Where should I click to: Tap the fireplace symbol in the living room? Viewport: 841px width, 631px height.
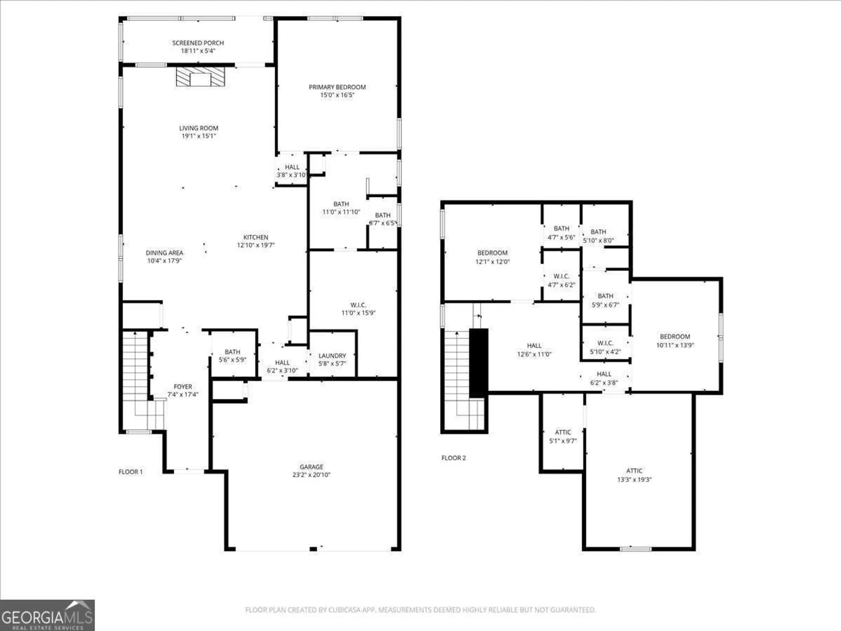[200, 77]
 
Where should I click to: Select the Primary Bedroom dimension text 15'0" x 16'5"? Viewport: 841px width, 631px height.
[337, 95]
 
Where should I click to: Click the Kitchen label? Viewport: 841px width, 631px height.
[256, 237]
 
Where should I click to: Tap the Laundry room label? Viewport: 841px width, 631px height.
[332, 356]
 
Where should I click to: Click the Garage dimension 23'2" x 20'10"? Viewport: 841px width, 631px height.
[312, 475]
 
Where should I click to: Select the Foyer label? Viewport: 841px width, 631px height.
[183, 387]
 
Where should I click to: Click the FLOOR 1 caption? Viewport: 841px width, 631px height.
[131, 472]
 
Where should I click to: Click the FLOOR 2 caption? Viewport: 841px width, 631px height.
[454, 458]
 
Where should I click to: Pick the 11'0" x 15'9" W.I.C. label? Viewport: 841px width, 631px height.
[358, 309]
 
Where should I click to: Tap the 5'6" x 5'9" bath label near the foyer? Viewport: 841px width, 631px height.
[233, 356]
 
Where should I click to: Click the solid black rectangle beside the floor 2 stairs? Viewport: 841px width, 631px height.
[479, 363]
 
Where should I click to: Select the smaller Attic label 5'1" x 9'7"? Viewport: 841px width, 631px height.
[563, 437]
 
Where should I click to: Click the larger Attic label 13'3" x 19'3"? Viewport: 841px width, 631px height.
[634, 475]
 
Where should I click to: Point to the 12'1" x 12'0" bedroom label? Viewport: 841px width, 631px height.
[492, 257]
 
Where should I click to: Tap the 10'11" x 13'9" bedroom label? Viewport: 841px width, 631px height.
[675, 341]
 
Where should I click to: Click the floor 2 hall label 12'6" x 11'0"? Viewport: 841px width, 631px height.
[534, 350]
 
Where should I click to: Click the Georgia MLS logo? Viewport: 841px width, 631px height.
[47, 616]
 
